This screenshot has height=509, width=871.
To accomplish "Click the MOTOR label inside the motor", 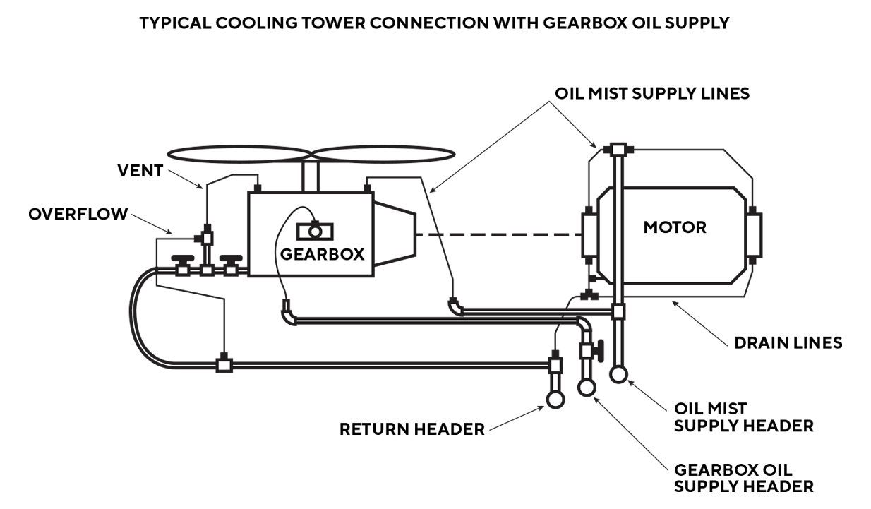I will (x=675, y=228).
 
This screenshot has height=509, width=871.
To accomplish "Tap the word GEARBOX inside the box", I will (x=323, y=255).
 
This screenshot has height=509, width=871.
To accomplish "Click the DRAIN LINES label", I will (x=788, y=342).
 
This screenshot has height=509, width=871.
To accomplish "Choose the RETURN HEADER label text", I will (x=412, y=429).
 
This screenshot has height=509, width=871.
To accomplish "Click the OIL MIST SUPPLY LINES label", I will (x=652, y=94).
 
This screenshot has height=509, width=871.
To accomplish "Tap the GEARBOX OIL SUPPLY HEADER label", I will (x=744, y=478).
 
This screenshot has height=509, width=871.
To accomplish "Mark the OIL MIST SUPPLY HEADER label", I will (x=744, y=417).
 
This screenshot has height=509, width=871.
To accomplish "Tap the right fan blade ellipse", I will (x=380, y=154).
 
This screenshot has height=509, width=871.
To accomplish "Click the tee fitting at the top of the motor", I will (x=619, y=149).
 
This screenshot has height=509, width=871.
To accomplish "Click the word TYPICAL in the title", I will (x=176, y=23).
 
